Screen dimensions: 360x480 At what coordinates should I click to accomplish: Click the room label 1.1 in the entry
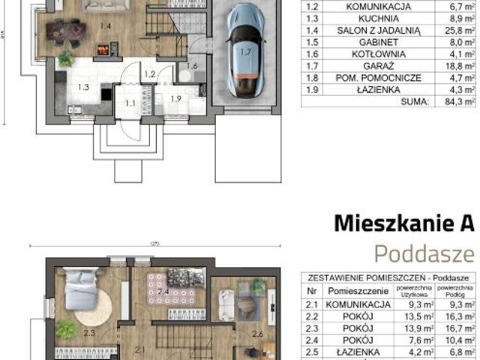(x=130, y=103)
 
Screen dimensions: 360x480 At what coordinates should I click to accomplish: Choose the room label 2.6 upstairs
(x=257, y=334)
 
